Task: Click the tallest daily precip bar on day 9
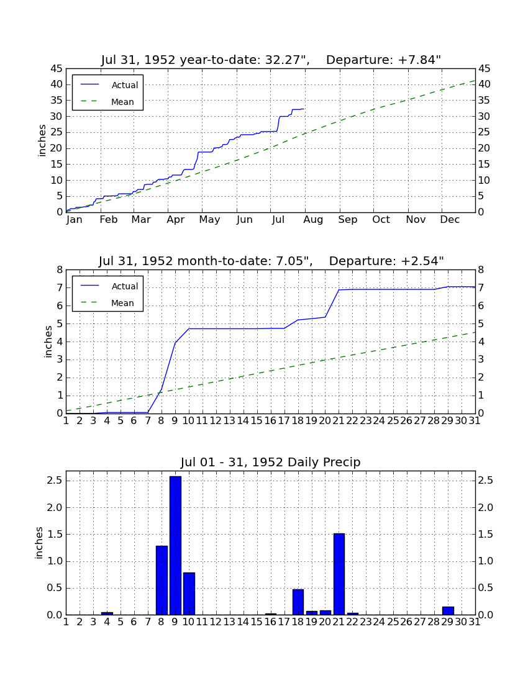[175, 545]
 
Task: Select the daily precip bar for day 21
[339, 574]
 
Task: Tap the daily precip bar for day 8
[162, 580]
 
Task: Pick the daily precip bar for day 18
[298, 602]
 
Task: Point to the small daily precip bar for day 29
[448, 611]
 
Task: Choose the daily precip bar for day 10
[189, 594]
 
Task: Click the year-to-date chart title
[271, 60]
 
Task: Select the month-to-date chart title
[271, 261]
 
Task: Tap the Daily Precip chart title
[271, 462]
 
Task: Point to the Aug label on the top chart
[313, 220]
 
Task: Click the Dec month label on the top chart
[450, 220]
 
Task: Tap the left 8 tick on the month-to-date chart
[60, 270]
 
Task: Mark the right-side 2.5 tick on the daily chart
[485, 481]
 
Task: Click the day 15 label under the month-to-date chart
[257, 421]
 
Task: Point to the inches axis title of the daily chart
[39, 543]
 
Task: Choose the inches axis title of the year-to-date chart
[42, 140]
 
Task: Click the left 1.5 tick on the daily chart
[55, 535]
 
